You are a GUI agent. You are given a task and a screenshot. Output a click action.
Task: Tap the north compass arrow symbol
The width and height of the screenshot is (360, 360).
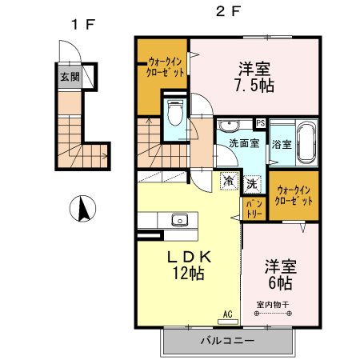(81, 210)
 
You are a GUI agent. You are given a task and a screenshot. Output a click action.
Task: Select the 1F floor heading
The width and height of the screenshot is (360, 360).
(82, 24)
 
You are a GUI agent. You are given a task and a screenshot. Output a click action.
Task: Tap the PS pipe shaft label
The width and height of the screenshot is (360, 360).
(259, 122)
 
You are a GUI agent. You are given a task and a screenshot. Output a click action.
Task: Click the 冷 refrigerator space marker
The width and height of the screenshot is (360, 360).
(230, 182)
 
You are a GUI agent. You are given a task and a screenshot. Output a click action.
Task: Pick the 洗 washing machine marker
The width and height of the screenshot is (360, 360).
(251, 182)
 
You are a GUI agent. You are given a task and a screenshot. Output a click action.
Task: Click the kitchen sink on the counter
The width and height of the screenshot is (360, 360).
(178, 219)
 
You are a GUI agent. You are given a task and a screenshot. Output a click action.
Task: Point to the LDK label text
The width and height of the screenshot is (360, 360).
(189, 258)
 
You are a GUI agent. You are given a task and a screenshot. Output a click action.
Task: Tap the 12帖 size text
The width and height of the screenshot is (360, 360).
(189, 274)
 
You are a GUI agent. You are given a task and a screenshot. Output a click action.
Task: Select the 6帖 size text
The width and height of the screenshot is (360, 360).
(279, 282)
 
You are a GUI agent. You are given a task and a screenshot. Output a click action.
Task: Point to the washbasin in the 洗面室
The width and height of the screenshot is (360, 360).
(230, 126)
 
